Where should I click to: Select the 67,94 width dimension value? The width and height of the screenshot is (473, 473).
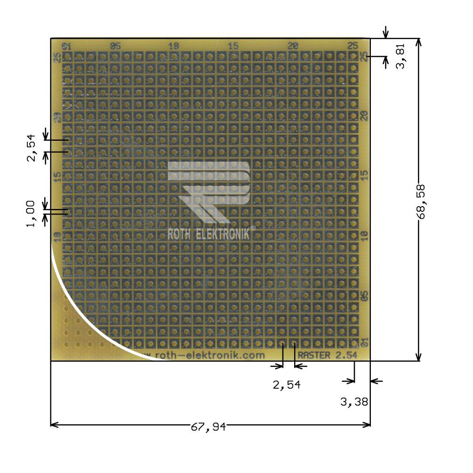tap(208, 426)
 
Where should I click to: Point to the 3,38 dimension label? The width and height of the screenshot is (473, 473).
tap(354, 402)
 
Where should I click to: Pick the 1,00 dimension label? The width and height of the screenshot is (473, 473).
tap(31, 213)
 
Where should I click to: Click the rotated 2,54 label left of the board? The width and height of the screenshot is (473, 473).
tap(31, 149)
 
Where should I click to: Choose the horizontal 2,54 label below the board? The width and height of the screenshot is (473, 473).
tap(287, 385)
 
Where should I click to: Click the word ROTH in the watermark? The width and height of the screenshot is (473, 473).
tap(178, 234)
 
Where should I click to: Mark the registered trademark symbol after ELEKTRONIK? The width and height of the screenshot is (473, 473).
tap(253, 228)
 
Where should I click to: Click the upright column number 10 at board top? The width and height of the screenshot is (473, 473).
tap(174, 46)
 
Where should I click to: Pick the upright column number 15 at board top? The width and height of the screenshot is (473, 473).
tap(233, 46)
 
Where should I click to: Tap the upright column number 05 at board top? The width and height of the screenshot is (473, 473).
tap(115, 46)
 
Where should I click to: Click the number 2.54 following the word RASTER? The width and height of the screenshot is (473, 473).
tap(346, 355)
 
